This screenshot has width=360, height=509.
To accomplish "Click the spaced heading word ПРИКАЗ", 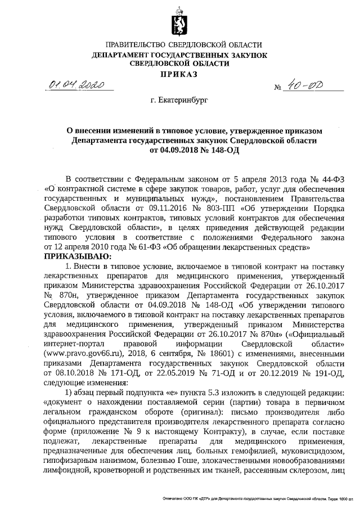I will coord(179,74).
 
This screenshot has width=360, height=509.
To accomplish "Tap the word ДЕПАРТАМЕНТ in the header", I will coord(125,55).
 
